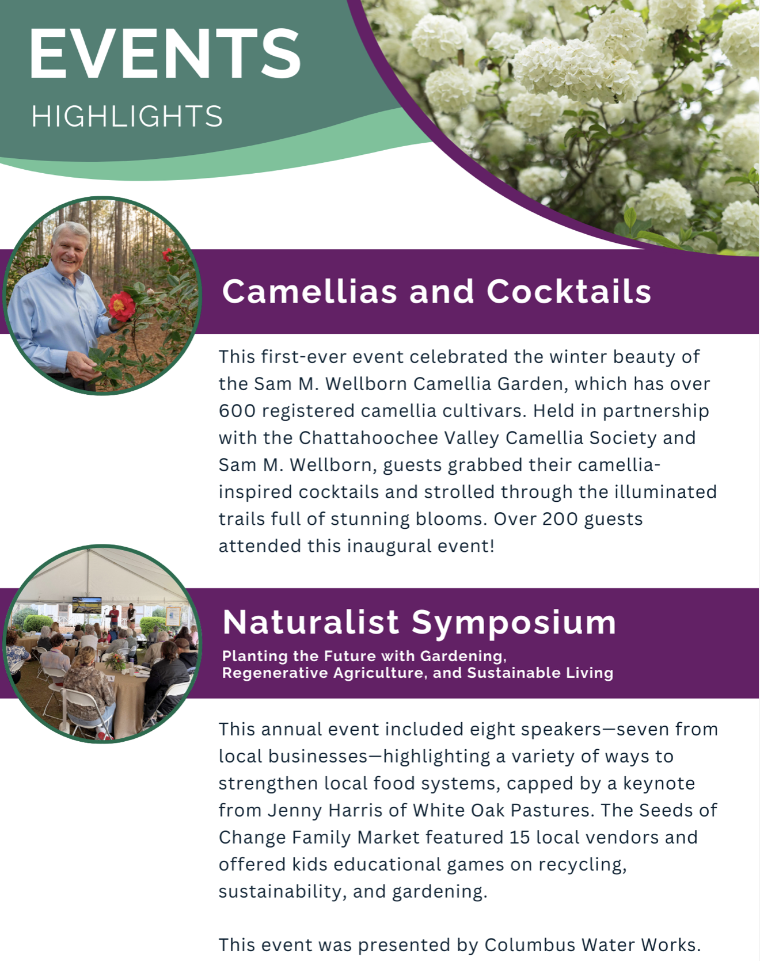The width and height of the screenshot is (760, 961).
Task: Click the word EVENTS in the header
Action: coord(165,54)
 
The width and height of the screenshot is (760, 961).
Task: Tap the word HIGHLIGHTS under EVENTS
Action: coord(127,116)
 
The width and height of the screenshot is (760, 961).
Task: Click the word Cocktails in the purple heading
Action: coord(569,291)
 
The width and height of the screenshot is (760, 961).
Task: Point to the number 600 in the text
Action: coord(237,411)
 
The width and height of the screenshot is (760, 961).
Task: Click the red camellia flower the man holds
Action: coord(121,306)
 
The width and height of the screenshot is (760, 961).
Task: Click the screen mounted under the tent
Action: coord(87,605)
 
